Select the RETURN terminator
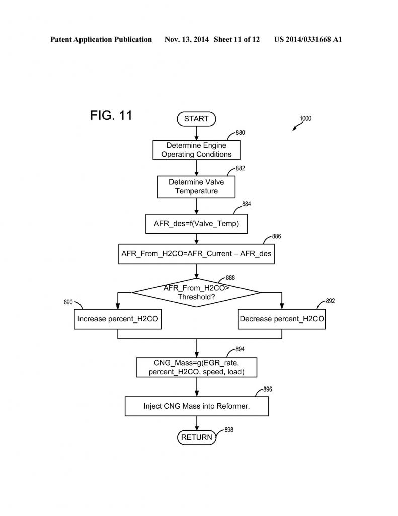[x=196, y=437]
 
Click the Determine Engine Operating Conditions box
[x=196, y=150]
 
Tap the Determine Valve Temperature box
[x=196, y=186]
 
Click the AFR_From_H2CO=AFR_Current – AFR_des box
[x=196, y=253]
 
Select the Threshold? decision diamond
[x=196, y=292]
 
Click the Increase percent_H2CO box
[x=118, y=319]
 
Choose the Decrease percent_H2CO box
[x=282, y=319]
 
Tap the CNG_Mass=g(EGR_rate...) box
[x=196, y=367]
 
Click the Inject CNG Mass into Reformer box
[x=196, y=406]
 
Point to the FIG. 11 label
[x=111, y=115]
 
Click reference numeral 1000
[x=305, y=119]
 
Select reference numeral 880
[x=241, y=133]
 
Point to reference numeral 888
[x=230, y=278]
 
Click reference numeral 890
[x=68, y=302]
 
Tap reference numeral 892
[x=330, y=301]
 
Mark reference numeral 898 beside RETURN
[x=229, y=429]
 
